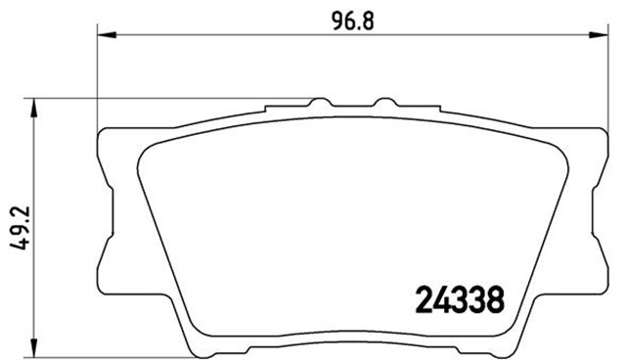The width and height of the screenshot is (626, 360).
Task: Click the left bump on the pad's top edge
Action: point(318,102)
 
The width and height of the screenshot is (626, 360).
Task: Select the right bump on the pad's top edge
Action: point(383,102)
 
